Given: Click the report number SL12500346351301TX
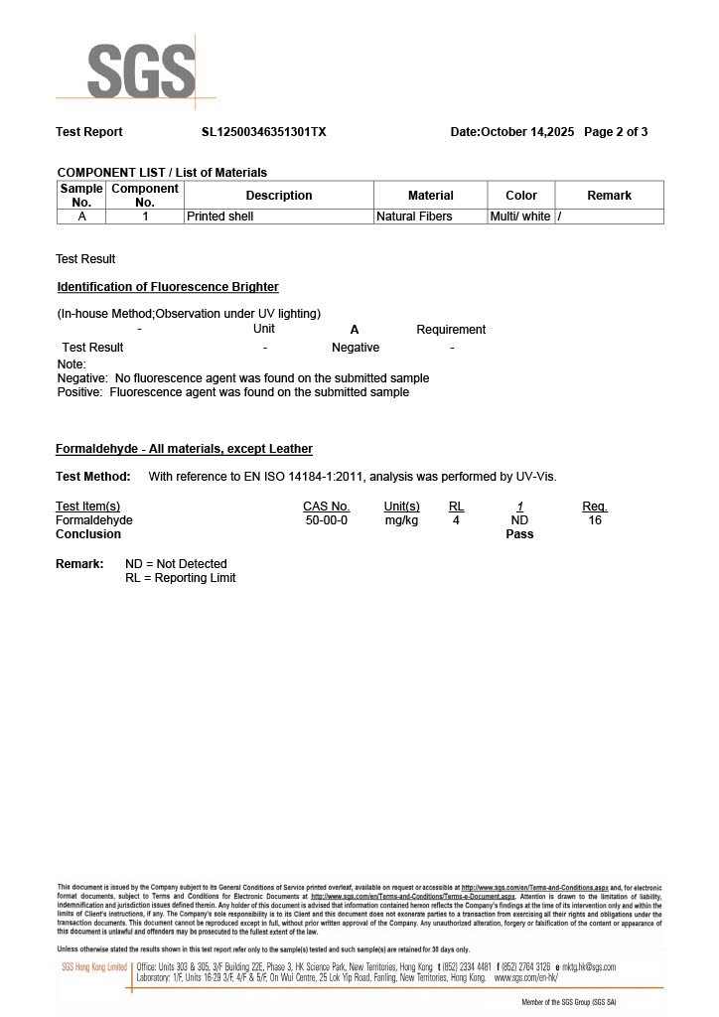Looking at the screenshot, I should pos(263,132).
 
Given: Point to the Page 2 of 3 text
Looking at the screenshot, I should pos(616,132).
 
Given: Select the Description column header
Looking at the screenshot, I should pos(279,196).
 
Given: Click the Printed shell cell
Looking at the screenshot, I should pos(220,217).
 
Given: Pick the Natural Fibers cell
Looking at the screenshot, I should pos(414,217).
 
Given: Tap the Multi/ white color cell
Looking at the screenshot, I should pos(520,217).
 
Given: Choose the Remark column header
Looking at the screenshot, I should pos(609,196).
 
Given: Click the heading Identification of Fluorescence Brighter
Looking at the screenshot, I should pos(168,287).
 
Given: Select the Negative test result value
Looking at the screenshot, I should pos(356,348).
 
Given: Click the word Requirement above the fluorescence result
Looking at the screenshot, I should pos(451,330).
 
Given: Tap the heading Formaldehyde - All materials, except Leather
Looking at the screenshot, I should pos(184,449).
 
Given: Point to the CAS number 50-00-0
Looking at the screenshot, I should pos(327,520).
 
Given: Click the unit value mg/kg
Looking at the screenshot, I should pos(401,520).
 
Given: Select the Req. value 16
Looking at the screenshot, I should pos(595,520).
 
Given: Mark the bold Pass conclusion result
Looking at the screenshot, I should pos(519,534).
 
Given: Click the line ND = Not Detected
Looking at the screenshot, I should pos(176,564).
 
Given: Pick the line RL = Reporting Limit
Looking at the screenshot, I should pos(180,578).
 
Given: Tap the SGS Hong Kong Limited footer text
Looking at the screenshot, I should pos(94,967).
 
